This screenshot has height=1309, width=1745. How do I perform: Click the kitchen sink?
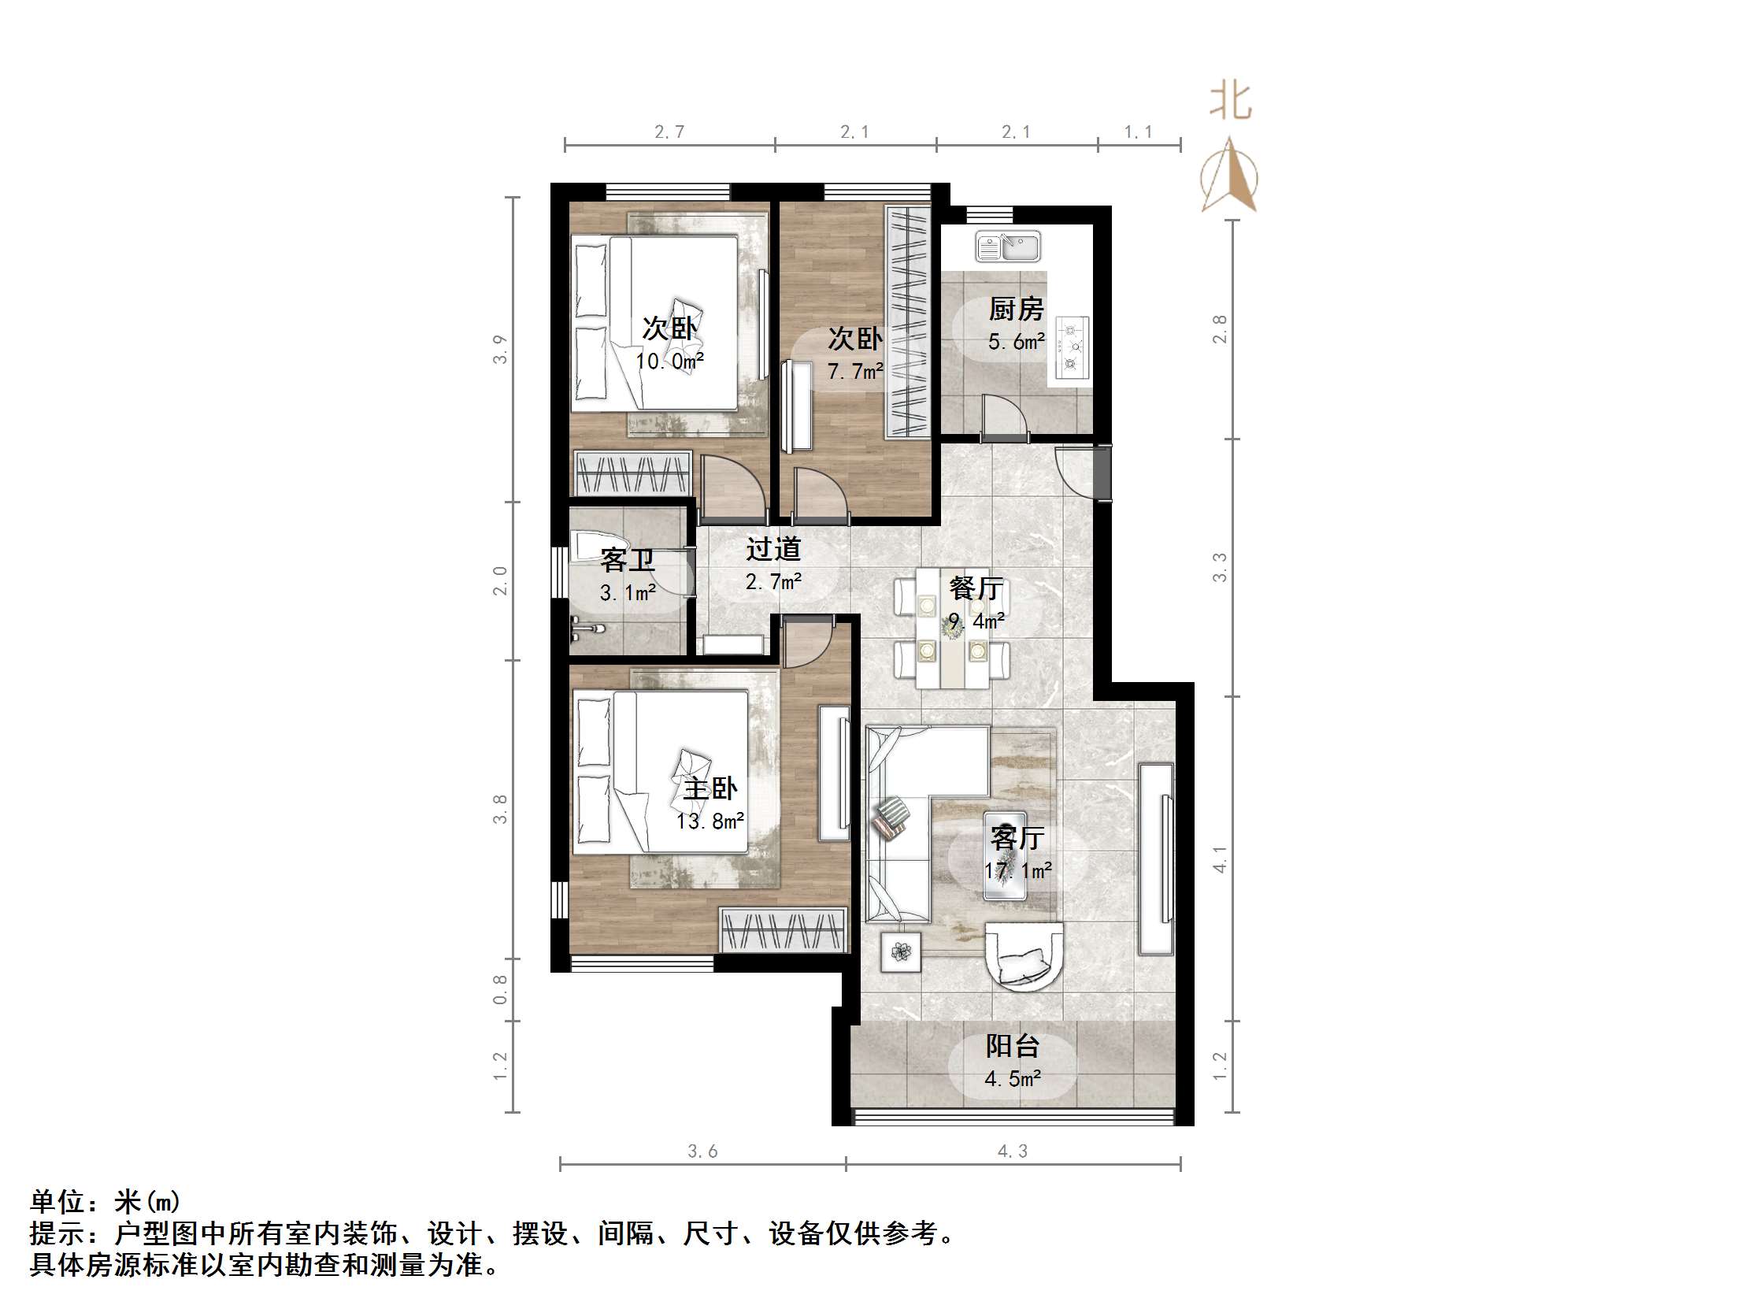(x=1007, y=247)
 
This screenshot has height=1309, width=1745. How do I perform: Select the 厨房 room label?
(x=1016, y=309)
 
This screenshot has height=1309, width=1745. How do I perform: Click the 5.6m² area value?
(x=1016, y=342)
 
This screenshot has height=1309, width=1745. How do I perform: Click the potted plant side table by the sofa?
(x=901, y=952)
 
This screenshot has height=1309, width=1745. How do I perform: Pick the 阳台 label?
(x=1013, y=1046)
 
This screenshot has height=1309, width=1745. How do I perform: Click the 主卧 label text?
(x=710, y=788)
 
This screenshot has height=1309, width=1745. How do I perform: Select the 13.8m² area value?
(x=710, y=821)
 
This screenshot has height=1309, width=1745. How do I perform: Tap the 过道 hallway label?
(x=774, y=547)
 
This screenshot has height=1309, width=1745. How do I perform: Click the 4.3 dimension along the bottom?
(x=1013, y=1151)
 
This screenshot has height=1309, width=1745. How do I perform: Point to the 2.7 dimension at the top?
(x=669, y=132)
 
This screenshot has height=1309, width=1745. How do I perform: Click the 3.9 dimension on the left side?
(x=500, y=349)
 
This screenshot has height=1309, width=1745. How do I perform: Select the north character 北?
(x=1231, y=102)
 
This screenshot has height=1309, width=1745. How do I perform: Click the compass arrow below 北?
(x=1230, y=175)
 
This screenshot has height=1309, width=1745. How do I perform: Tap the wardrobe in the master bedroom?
(x=783, y=929)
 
